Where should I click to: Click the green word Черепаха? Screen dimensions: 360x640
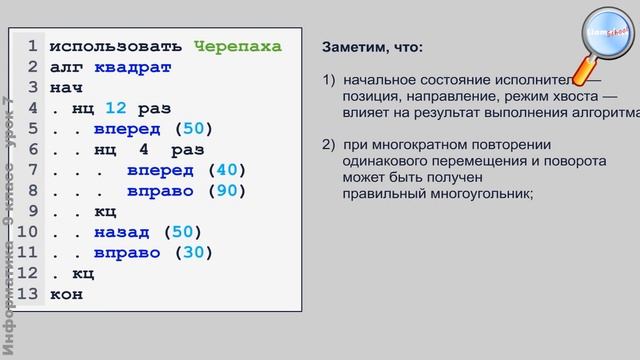pyautogui.click(x=237, y=47)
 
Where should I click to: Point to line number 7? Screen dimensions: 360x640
pyautogui.click(x=33, y=171)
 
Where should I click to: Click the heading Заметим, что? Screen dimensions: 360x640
pyautogui.click(x=372, y=48)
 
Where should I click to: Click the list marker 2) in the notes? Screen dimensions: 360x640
pyautogui.click(x=330, y=145)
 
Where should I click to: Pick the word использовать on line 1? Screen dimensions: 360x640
pyautogui.click(x=116, y=47)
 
